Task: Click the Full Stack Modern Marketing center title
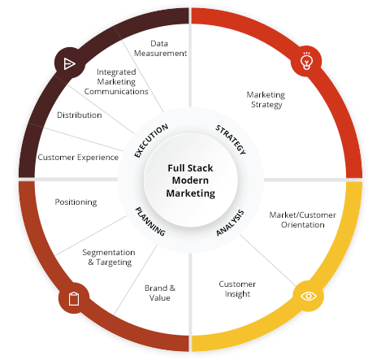[191, 180]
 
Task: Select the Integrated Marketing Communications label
[117, 81]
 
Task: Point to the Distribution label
[80, 115]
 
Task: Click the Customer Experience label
[78, 157]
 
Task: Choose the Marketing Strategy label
[265, 99]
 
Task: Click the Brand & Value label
[159, 293]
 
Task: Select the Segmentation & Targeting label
[108, 257]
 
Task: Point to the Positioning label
[76, 202]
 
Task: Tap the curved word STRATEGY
[230, 139]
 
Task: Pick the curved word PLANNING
[150, 221]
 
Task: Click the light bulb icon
[307, 62]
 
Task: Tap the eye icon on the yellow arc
[309, 296]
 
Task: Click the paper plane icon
[68, 63]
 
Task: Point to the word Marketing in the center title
[191, 193]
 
